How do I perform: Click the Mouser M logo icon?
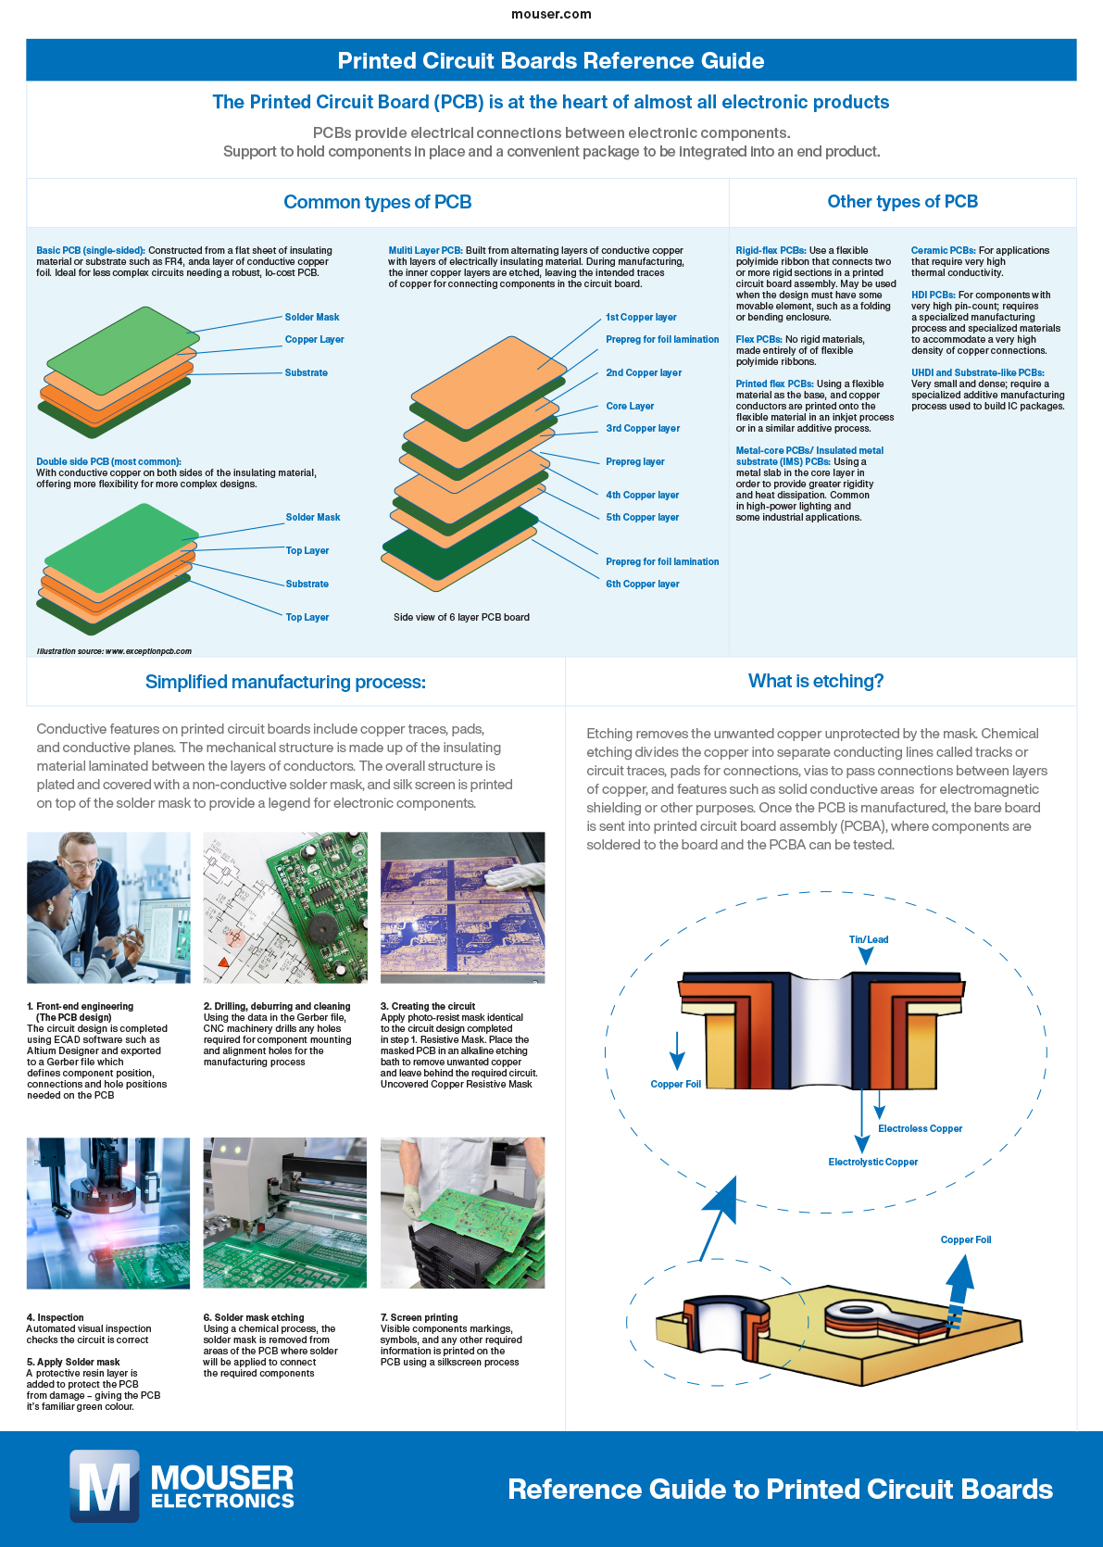click(x=105, y=1486)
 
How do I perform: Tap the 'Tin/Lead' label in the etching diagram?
click(x=868, y=939)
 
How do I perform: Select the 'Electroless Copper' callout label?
click(x=920, y=1128)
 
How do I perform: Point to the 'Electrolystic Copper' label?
click(x=872, y=1162)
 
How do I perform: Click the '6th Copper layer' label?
click(x=642, y=584)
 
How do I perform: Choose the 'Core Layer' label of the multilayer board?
click(x=630, y=406)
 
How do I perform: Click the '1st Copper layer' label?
click(x=641, y=317)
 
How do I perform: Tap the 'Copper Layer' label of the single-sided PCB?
click(x=314, y=339)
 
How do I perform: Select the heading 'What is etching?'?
click(x=815, y=681)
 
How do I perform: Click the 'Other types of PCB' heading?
click(x=902, y=201)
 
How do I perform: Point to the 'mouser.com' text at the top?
click(x=551, y=14)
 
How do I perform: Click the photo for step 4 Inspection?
click(x=108, y=1213)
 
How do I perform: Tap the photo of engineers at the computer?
click(x=108, y=907)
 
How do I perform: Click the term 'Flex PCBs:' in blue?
click(x=758, y=339)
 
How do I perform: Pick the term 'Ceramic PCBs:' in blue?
click(x=943, y=250)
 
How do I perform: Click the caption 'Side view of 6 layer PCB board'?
click(x=461, y=617)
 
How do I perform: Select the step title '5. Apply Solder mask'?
click(x=73, y=1362)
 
